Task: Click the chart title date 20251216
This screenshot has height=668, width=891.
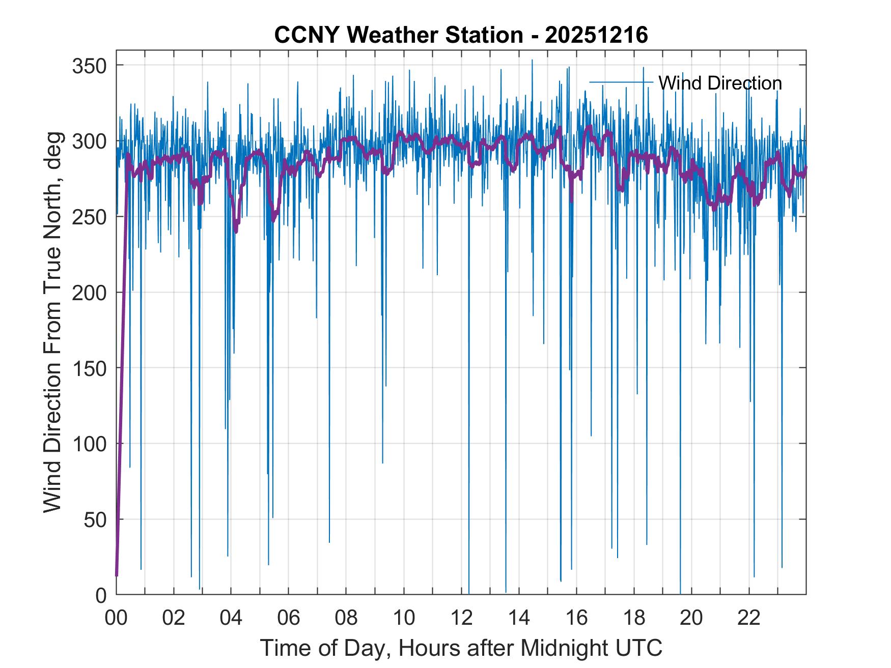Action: pyautogui.click(x=596, y=35)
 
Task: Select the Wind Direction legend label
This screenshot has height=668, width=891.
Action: pyautogui.click(x=720, y=83)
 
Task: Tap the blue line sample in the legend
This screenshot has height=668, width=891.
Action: pyautogui.click(x=621, y=82)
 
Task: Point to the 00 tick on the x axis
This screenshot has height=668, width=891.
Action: pyautogui.click(x=116, y=618)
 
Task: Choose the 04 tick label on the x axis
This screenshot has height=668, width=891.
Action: pyautogui.click(x=231, y=618)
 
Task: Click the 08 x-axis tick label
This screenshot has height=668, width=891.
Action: pyautogui.click(x=346, y=618)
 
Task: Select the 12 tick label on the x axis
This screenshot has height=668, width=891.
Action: pyautogui.click(x=461, y=618)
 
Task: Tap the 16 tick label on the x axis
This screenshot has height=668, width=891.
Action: pyautogui.click(x=576, y=618)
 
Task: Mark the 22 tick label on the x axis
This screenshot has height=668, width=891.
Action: pyautogui.click(x=749, y=618)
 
